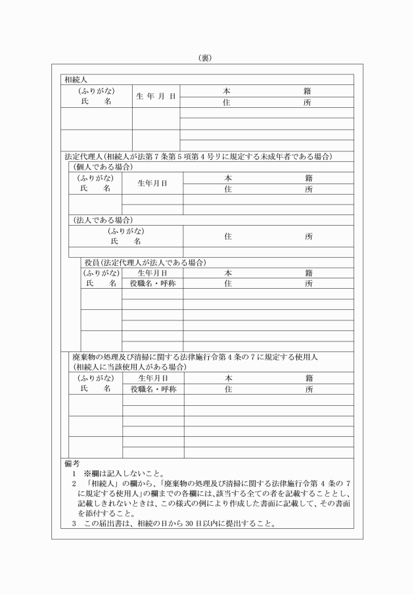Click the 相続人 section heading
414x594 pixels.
(x=76, y=80)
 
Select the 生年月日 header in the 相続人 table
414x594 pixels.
(x=156, y=96)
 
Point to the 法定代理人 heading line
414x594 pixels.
(x=197, y=157)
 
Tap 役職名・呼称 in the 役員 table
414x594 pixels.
(x=152, y=283)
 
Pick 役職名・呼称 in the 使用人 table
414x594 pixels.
(x=152, y=389)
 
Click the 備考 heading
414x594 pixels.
(x=72, y=464)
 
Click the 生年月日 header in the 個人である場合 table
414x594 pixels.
(x=152, y=184)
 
